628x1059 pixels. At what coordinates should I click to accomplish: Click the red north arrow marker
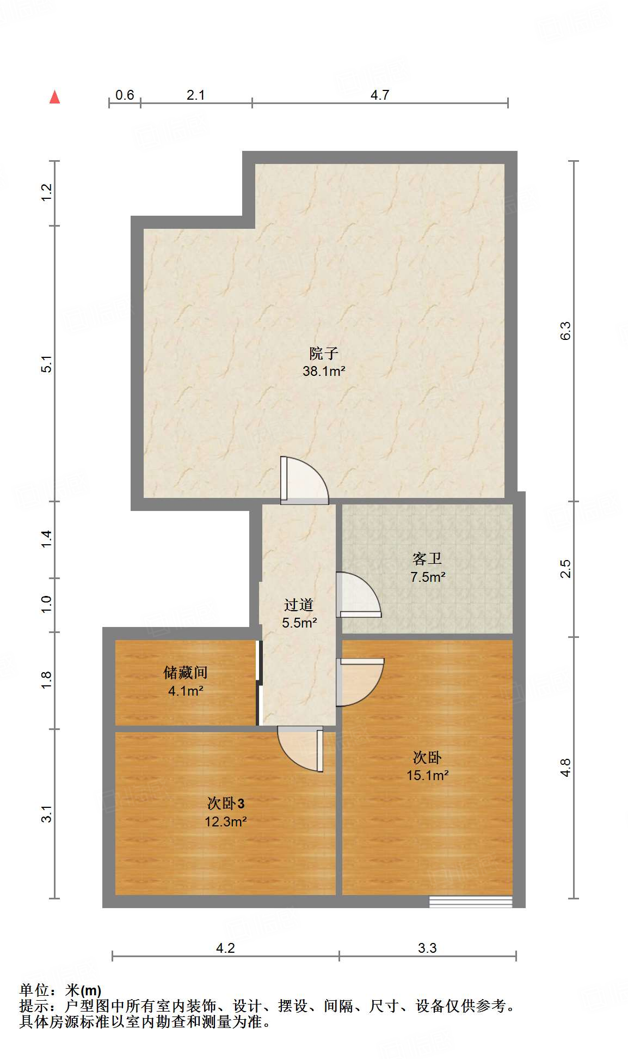pyautogui.click(x=54, y=97)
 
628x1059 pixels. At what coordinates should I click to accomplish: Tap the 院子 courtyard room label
pyautogui.click(x=324, y=354)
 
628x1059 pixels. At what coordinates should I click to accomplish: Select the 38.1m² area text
pyautogui.click(x=324, y=372)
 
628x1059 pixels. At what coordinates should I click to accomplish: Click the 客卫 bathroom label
pyautogui.click(x=427, y=559)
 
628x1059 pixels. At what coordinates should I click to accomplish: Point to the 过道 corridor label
pyautogui.click(x=299, y=605)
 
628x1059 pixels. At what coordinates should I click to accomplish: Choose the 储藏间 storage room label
pyautogui.click(x=186, y=673)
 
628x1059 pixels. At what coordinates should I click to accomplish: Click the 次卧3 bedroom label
pyautogui.click(x=226, y=803)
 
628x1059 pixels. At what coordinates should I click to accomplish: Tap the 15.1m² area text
pyautogui.click(x=427, y=775)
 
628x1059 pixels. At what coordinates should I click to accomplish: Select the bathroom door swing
pyautogui.click(x=357, y=595)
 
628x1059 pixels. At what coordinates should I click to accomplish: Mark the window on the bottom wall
pyautogui.click(x=471, y=902)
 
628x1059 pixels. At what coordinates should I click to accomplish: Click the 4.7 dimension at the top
pyautogui.click(x=379, y=95)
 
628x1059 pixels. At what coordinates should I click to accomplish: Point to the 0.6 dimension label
pyautogui.click(x=125, y=95)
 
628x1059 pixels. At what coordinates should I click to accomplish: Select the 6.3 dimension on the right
pyautogui.click(x=565, y=331)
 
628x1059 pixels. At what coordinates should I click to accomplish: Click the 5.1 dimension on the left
pyautogui.click(x=47, y=364)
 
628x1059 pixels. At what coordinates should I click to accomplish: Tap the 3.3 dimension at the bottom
pyautogui.click(x=427, y=948)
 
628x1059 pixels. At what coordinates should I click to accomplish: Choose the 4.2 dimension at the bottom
pyautogui.click(x=225, y=948)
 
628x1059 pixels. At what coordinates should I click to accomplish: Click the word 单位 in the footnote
pyautogui.click(x=34, y=990)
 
